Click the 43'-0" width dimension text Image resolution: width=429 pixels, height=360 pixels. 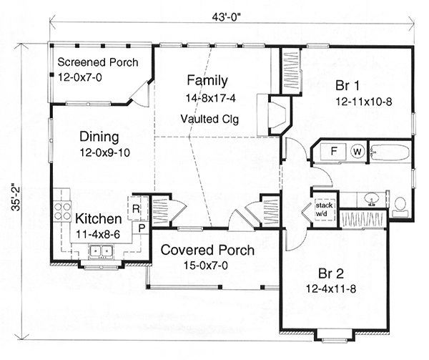point(226,17)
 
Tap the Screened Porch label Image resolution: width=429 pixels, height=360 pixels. point(98,62)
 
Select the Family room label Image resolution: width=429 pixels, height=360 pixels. point(207,80)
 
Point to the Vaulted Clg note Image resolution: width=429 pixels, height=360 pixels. point(209,119)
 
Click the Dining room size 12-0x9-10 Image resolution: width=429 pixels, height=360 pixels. point(105,152)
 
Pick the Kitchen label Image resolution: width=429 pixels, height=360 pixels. point(99,219)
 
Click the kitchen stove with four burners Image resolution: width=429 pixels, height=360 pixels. point(63,210)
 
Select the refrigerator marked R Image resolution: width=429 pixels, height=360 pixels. point(138,208)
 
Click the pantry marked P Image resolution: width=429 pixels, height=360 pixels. point(142,228)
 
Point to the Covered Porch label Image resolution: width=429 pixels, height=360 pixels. point(207,250)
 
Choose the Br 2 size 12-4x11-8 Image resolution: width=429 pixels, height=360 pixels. point(331,289)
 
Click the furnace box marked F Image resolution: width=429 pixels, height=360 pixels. point(334,152)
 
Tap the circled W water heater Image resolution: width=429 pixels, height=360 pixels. point(357,152)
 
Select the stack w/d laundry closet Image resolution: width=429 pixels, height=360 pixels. point(325,210)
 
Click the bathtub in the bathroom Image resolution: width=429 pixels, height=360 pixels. point(390,152)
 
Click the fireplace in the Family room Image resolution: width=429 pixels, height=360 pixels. point(277,115)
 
